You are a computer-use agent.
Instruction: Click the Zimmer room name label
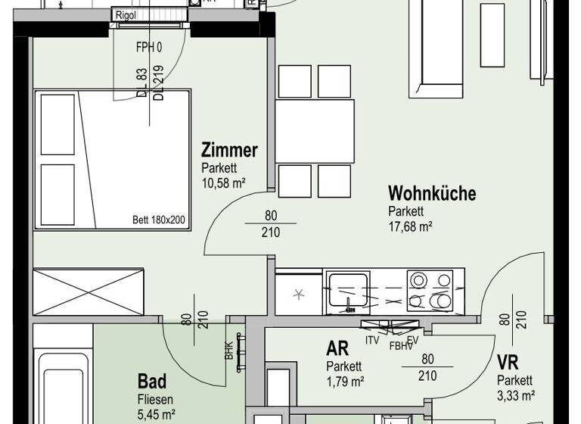pyautogui.click(x=229, y=150)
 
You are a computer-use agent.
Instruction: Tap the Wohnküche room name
pyautogui.click(x=432, y=193)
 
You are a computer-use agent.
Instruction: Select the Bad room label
pyautogui.click(x=152, y=381)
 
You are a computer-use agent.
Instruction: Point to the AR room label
pyautogui.click(x=337, y=349)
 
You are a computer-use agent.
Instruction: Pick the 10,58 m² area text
pyautogui.click(x=224, y=182)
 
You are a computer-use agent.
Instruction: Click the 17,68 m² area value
pyautogui.click(x=410, y=226)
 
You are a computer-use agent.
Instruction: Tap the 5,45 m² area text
pyautogui.click(x=156, y=413)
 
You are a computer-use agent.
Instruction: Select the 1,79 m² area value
pyautogui.click(x=345, y=381)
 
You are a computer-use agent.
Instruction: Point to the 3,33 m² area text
pyautogui.click(x=516, y=394)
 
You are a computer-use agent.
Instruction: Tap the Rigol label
pyautogui.click(x=126, y=14)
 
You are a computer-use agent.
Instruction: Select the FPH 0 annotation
pyautogui.click(x=149, y=47)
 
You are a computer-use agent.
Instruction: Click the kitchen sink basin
pyautogui.click(x=348, y=292)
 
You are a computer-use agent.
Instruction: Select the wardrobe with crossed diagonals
pyautogui.click(x=88, y=291)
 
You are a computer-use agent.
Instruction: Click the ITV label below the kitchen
pyautogui.click(x=372, y=340)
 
